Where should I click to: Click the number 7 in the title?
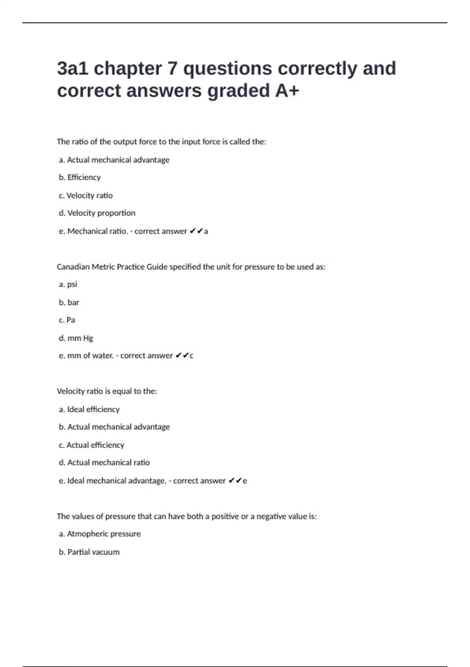172,69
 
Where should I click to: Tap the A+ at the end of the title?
287,91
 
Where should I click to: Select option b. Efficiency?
80,177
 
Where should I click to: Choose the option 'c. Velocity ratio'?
86,195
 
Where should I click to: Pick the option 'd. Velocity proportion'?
97,213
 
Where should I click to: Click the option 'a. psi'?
68,284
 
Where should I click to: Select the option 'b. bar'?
69,303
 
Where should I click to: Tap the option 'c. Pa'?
67,320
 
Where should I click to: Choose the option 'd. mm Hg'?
76,338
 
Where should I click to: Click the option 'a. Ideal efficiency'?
89,410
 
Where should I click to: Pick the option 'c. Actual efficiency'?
91,445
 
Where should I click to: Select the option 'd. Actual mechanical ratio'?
104,463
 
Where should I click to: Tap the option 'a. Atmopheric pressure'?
100,534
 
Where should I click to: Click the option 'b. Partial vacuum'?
89,552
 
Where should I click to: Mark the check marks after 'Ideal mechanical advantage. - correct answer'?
235,481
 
